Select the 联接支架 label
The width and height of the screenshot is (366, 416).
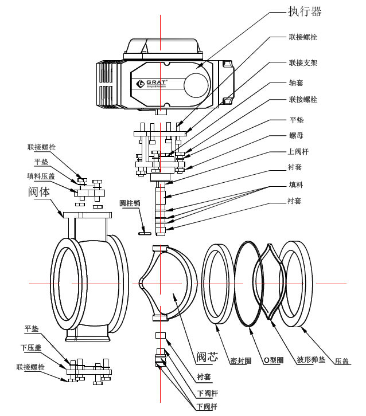tap(302, 62)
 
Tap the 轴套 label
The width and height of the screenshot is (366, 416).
tap(295, 82)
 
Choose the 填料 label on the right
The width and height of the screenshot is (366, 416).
tap(295, 186)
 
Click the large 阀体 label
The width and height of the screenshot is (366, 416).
tap(39, 192)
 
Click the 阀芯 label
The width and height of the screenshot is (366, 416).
tap(207, 356)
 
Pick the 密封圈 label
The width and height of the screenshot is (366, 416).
tap(242, 360)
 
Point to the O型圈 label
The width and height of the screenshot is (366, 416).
tap(273, 360)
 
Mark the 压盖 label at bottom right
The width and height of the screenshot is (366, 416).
tap(342, 360)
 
